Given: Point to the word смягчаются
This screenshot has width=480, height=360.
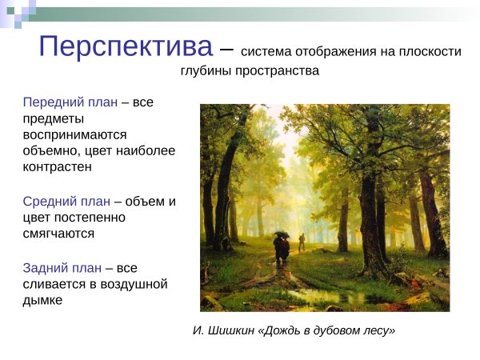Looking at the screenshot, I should coord(58,234).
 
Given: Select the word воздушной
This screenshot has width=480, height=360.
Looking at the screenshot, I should coord(127,283).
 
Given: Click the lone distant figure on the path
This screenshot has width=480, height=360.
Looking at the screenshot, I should coord(302,241).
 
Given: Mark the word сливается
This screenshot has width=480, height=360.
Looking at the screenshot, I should coord(56,283).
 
